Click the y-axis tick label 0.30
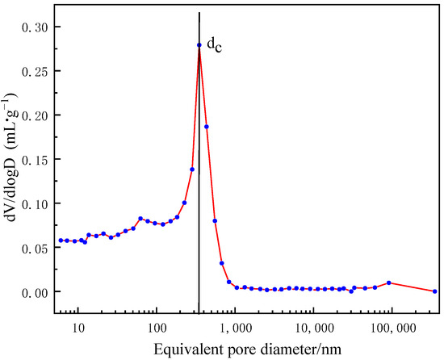36,27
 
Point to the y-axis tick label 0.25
36,71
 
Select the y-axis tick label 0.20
36,115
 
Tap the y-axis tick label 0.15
36,159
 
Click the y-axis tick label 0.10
36,203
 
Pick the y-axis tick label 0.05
36,247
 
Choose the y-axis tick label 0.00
36,291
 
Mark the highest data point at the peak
199,45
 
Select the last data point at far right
435,291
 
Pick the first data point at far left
61,241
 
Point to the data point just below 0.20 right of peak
207,127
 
